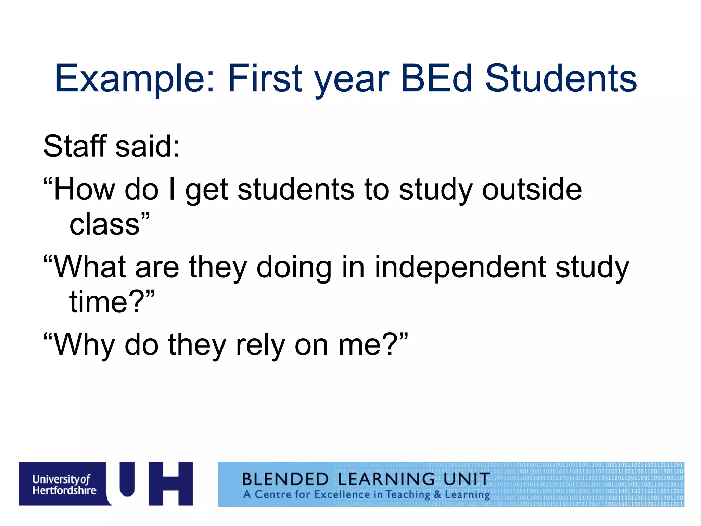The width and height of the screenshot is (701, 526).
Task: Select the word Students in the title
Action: (x=561, y=79)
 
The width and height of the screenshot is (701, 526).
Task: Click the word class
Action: (x=104, y=225)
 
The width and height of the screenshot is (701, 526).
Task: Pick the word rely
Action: (x=260, y=345)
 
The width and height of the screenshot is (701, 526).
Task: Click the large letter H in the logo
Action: (x=170, y=484)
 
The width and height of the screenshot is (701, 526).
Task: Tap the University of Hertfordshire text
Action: (x=64, y=485)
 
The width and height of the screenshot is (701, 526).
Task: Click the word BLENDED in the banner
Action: (x=285, y=479)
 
